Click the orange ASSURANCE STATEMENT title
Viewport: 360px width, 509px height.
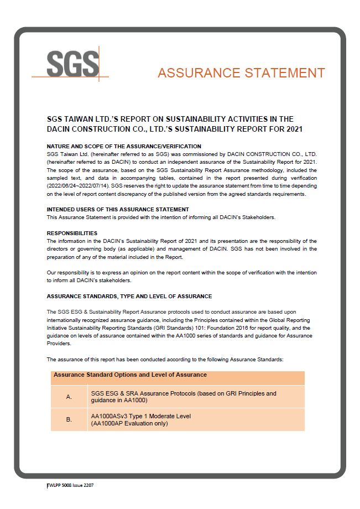point(241,73)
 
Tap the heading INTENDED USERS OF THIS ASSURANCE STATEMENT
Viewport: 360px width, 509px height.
point(118,209)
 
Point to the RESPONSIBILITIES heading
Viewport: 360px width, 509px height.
point(72,233)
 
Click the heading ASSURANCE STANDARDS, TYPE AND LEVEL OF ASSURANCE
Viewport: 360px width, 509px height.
point(129,296)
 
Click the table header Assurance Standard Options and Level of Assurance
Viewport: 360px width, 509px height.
point(130,375)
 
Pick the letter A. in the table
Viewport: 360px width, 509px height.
point(69,397)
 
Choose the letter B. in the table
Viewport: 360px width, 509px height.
point(69,419)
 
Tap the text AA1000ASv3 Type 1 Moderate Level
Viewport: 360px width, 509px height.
point(140,416)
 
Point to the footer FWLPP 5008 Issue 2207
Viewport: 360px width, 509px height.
point(70,485)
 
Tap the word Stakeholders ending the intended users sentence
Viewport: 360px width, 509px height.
point(258,217)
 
